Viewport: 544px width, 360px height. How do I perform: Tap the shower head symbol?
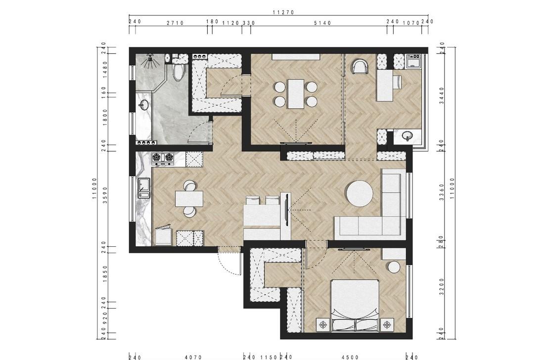point(150,57)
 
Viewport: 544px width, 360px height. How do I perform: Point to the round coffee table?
point(360,193)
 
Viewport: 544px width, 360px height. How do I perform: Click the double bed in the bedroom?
point(355,306)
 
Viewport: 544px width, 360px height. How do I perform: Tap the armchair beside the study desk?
point(361,67)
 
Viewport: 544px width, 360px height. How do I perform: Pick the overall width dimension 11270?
point(283,12)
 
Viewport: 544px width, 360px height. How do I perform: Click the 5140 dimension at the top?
point(322,23)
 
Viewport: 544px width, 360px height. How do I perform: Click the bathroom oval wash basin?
point(143,104)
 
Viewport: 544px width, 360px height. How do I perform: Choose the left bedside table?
point(323,324)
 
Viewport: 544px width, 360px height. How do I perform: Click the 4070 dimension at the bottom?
point(193,357)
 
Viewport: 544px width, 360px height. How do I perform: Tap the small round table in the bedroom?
point(395,267)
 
